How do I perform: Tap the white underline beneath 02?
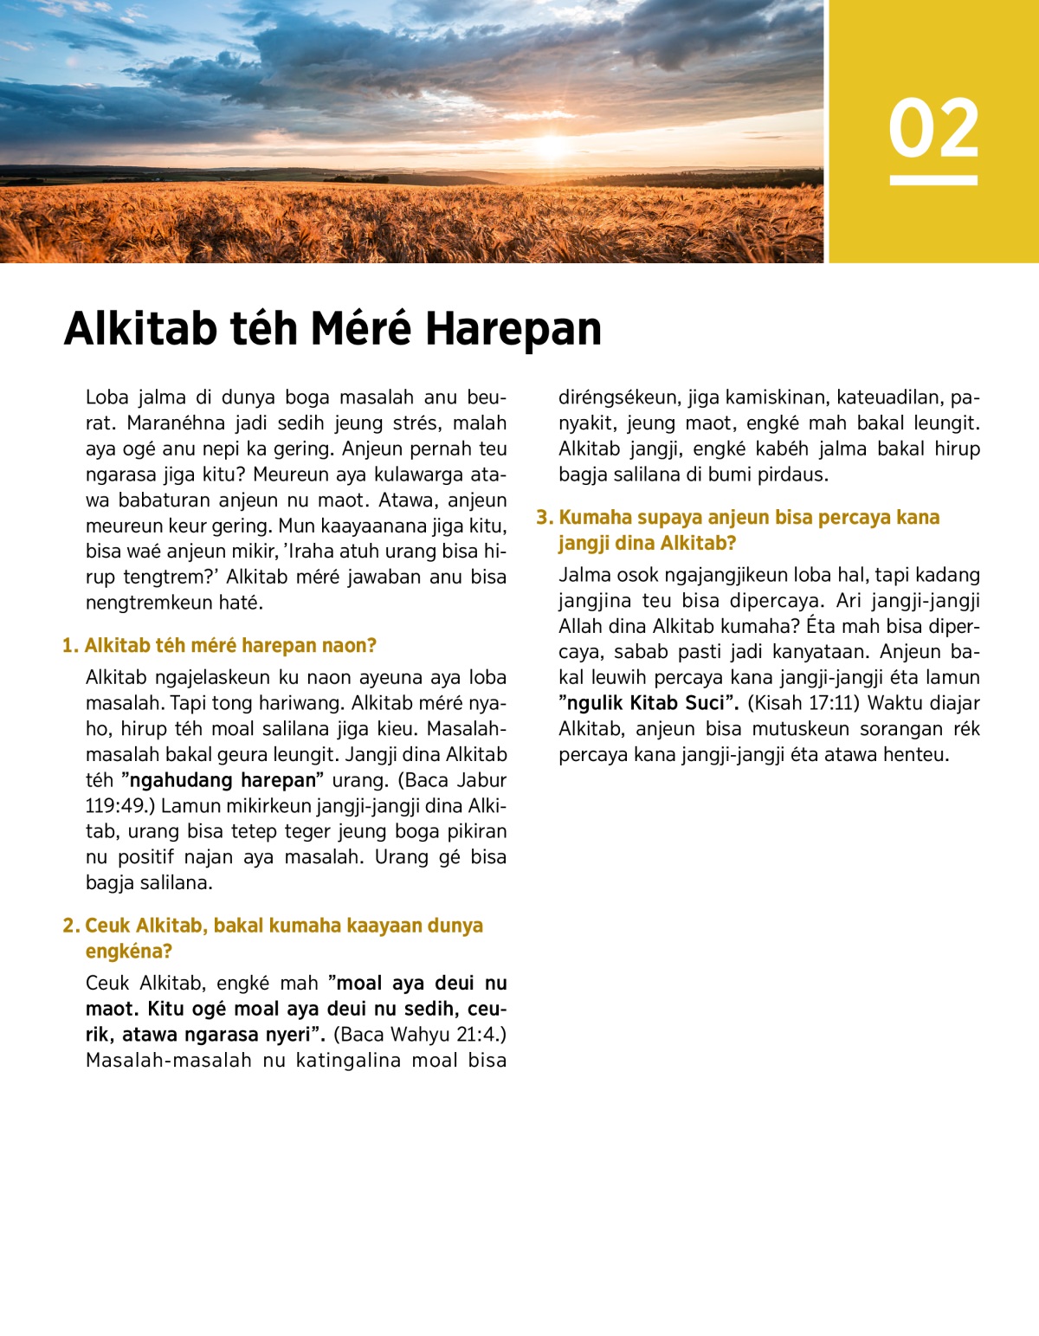[933, 180]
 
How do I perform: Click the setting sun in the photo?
[552, 145]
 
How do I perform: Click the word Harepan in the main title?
[513, 329]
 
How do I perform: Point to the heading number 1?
[69, 646]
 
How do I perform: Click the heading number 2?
[70, 926]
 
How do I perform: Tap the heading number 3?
[544, 518]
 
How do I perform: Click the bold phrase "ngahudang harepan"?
[223, 780]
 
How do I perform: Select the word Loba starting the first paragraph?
[107, 397]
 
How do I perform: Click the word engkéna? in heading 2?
[128, 952]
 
